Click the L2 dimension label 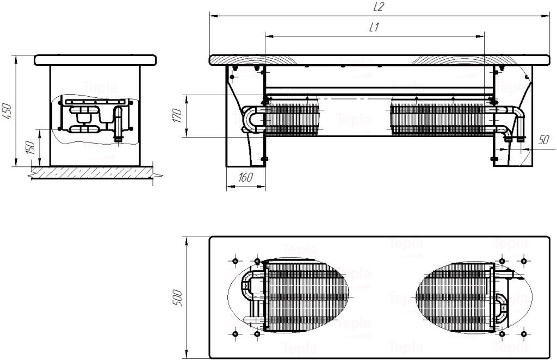point(379,7)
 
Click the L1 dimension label point(374,27)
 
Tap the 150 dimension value point(32,147)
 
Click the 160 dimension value point(246,177)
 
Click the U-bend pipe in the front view point(249,120)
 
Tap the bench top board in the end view point(95,60)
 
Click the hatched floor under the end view point(92,172)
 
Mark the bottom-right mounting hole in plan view point(523,333)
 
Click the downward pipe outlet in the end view point(118,133)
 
